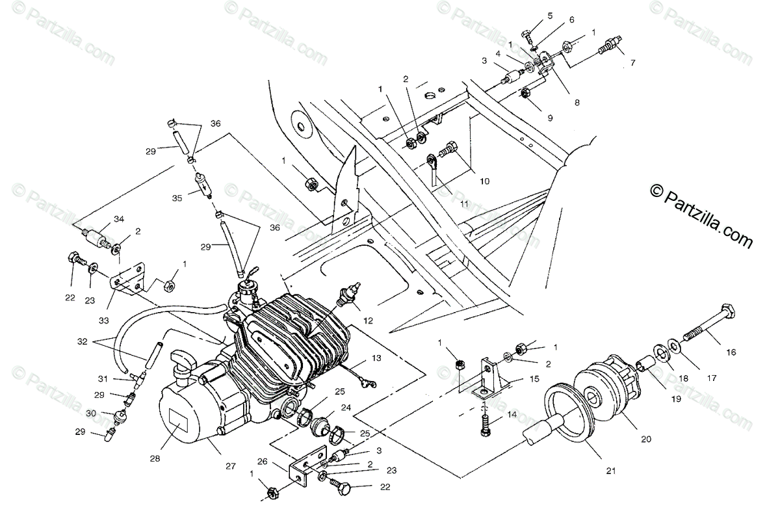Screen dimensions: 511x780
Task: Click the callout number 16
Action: click(x=731, y=352)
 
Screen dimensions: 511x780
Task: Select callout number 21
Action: click(x=611, y=471)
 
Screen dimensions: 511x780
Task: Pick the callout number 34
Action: click(x=118, y=218)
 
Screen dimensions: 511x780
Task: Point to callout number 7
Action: click(x=632, y=63)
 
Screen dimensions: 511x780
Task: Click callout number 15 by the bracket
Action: click(x=534, y=378)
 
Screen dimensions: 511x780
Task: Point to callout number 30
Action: click(x=91, y=413)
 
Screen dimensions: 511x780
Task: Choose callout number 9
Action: click(x=550, y=118)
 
